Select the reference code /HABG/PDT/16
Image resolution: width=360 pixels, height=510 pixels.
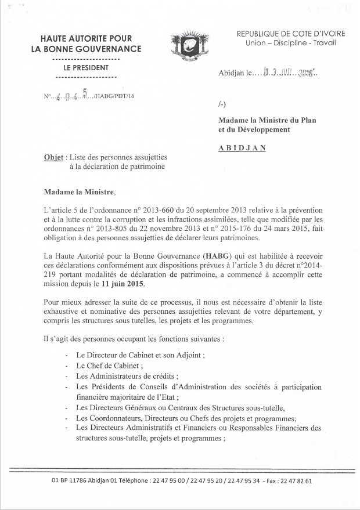click(x=113, y=97)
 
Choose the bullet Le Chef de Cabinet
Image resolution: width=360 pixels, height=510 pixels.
click(x=109, y=367)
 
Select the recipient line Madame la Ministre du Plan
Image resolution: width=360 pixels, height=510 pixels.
click(x=267, y=120)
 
